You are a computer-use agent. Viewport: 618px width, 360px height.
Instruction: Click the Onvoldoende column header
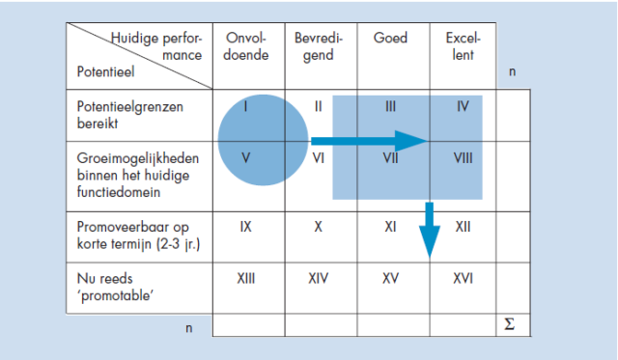(x=245, y=46)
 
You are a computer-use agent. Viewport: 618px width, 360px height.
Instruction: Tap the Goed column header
(x=390, y=39)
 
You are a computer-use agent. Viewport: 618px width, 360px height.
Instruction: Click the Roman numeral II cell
(x=318, y=104)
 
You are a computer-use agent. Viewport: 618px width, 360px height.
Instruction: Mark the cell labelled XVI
(x=463, y=278)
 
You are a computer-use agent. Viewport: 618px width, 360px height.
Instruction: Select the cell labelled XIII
(x=245, y=278)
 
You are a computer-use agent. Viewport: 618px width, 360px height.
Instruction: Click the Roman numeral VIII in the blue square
(x=463, y=154)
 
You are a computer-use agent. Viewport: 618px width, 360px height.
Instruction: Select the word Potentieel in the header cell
(x=103, y=71)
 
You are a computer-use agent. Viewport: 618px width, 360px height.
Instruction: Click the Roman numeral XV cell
(x=390, y=278)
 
